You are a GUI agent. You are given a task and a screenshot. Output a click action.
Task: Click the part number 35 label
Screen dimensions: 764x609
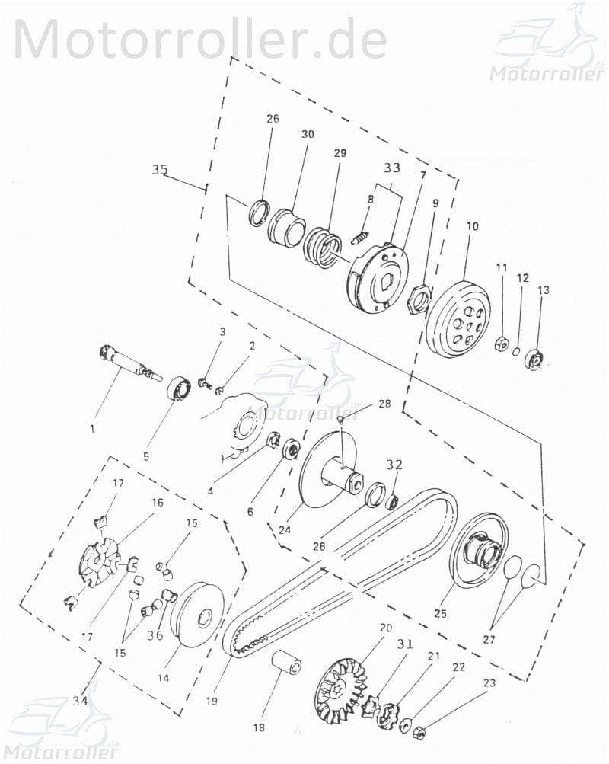coord(159,169)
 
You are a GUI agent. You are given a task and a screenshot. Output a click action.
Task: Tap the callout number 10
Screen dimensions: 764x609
coord(473,226)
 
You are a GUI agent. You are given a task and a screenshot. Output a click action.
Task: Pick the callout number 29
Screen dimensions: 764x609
coord(340,153)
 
